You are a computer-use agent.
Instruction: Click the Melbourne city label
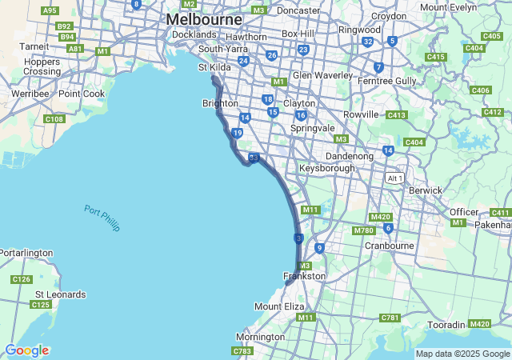pyautogui.click(x=204, y=18)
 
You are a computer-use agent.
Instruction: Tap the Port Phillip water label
pyautogui.click(x=102, y=218)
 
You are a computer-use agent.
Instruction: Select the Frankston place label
pyautogui.click(x=305, y=276)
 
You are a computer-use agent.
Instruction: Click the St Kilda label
pyautogui.click(x=214, y=67)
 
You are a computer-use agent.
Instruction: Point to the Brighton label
pyautogui.click(x=220, y=103)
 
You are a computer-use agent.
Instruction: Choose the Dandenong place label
pyautogui.click(x=350, y=156)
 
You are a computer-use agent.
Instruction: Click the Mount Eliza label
pyautogui.click(x=279, y=306)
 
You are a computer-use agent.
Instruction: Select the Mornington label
pyautogui.click(x=260, y=337)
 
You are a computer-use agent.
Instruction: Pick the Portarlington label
pyautogui.click(x=26, y=253)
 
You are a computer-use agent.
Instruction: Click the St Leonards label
pyautogui.click(x=60, y=294)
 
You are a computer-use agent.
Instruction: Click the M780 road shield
pyautogui.click(x=364, y=231)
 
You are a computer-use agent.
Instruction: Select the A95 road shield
pyautogui.click(x=50, y=10)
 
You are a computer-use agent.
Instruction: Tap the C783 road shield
pyautogui.click(x=242, y=351)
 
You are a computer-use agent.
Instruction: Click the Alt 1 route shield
pyautogui.click(x=394, y=177)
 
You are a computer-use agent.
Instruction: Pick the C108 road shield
pyautogui.click(x=54, y=119)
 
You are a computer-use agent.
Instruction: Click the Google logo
pyautogui.click(x=26, y=350)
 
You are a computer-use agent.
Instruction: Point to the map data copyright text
pyautogui.click(x=462, y=354)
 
